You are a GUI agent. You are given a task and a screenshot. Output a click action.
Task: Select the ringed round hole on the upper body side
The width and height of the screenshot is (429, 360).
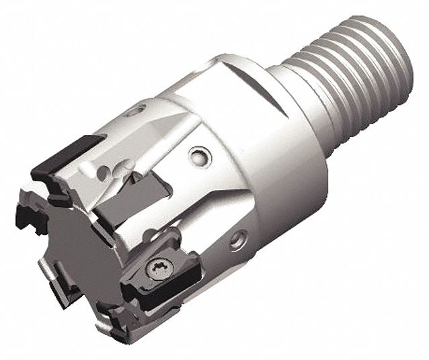click(x=198, y=156)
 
